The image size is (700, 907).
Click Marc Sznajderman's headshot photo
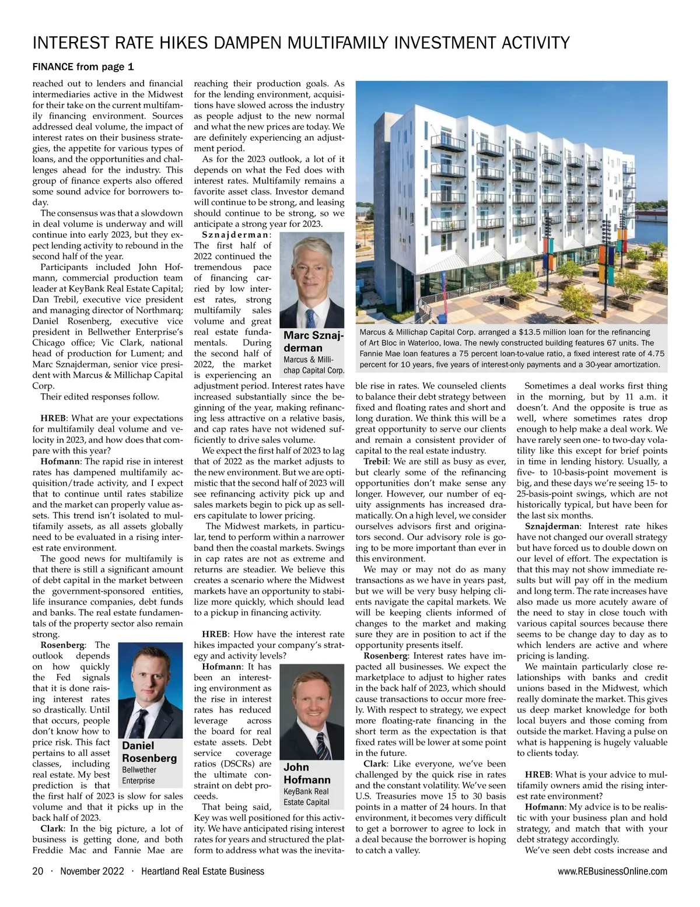(312, 279)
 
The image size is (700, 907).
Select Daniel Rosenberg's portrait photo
(150, 689)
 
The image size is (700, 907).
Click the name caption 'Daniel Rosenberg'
(149, 752)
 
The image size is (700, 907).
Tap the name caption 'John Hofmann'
(307, 773)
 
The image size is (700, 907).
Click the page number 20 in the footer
(38, 871)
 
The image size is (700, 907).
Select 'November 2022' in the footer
(92, 871)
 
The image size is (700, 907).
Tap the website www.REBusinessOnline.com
(612, 871)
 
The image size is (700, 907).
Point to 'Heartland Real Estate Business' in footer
(203, 871)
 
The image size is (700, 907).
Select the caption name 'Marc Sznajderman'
(313, 341)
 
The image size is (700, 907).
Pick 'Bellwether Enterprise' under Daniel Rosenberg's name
(139, 775)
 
